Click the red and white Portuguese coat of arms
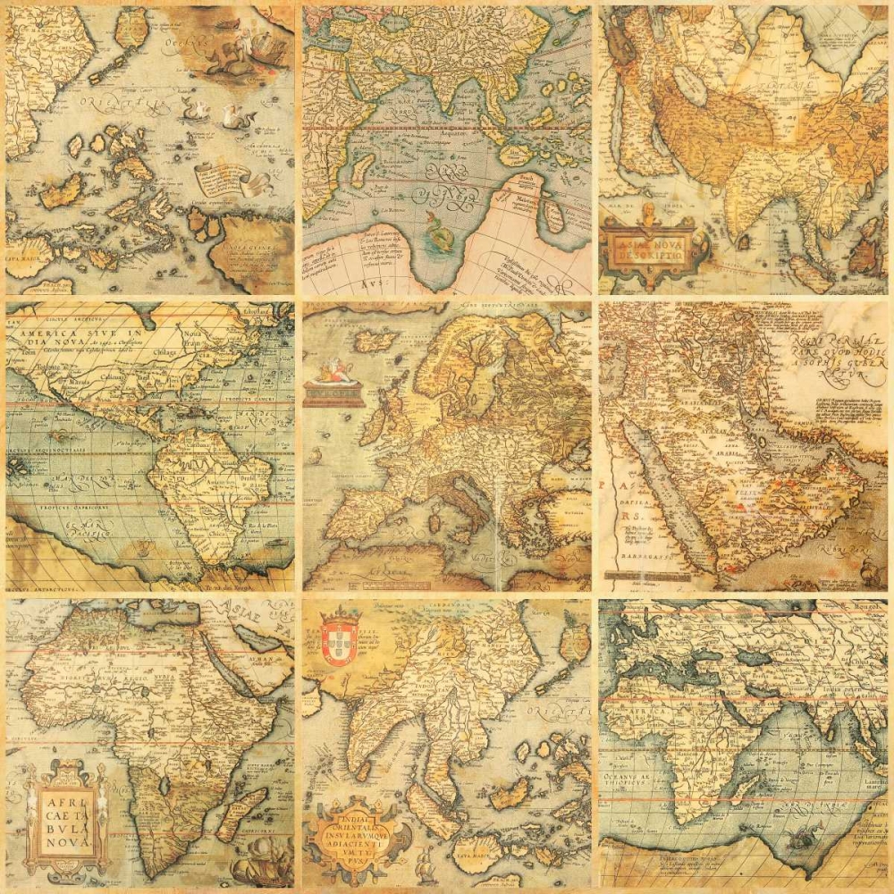click(x=339, y=637)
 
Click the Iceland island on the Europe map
click(x=375, y=341)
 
